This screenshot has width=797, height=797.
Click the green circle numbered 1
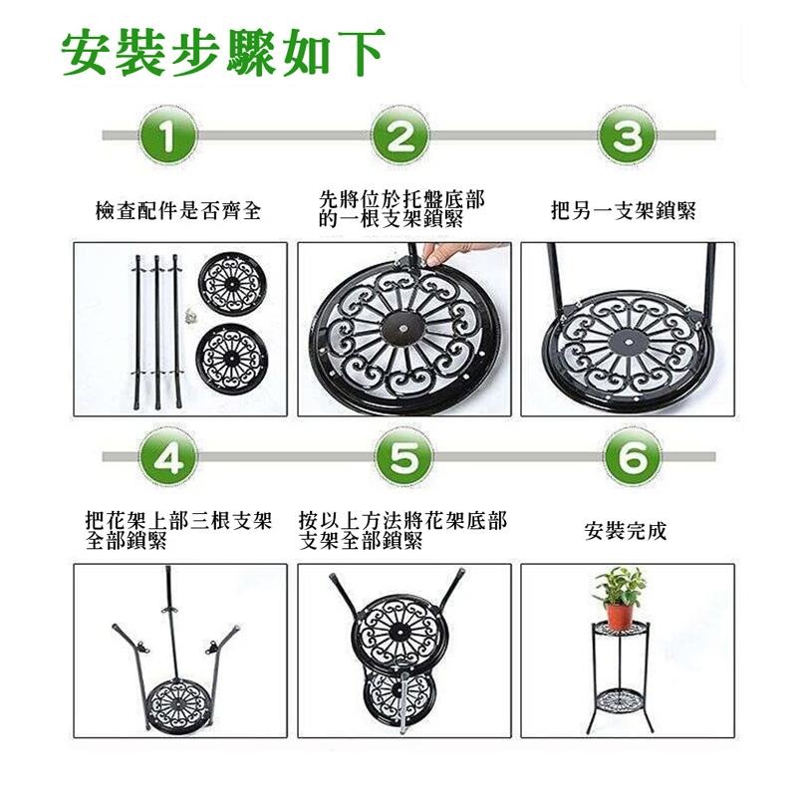point(173,136)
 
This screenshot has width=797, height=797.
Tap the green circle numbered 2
point(399,136)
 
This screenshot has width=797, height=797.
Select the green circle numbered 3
point(627,136)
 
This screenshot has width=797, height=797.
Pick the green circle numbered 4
point(173,457)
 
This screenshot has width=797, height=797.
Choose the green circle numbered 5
point(399,457)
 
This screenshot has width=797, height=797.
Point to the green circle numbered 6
point(627,457)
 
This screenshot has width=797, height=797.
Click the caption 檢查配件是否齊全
point(178,211)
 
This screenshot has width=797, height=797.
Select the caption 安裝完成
point(626,530)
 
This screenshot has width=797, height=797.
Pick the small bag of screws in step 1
point(186,315)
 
